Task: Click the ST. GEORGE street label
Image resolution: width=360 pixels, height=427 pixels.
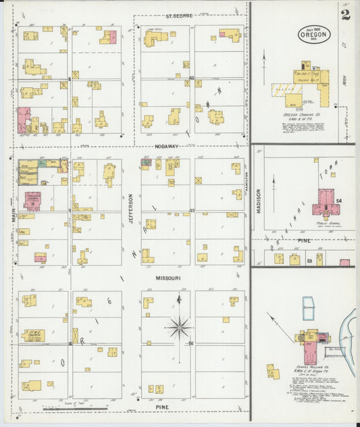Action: pos(180,15)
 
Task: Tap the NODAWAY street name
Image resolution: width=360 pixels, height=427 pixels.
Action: pos(166,145)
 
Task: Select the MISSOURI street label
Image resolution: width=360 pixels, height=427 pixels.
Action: pos(168,278)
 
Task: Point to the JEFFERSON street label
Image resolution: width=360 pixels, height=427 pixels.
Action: pos(132,209)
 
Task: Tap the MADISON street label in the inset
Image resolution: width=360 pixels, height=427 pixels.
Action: pos(259,201)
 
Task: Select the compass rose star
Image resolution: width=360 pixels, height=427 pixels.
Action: pos(179,328)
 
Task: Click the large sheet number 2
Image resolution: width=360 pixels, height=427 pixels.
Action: pos(345,15)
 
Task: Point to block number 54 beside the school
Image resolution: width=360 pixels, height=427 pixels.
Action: pos(340,201)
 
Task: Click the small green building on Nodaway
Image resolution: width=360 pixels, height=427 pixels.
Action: pos(43,163)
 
